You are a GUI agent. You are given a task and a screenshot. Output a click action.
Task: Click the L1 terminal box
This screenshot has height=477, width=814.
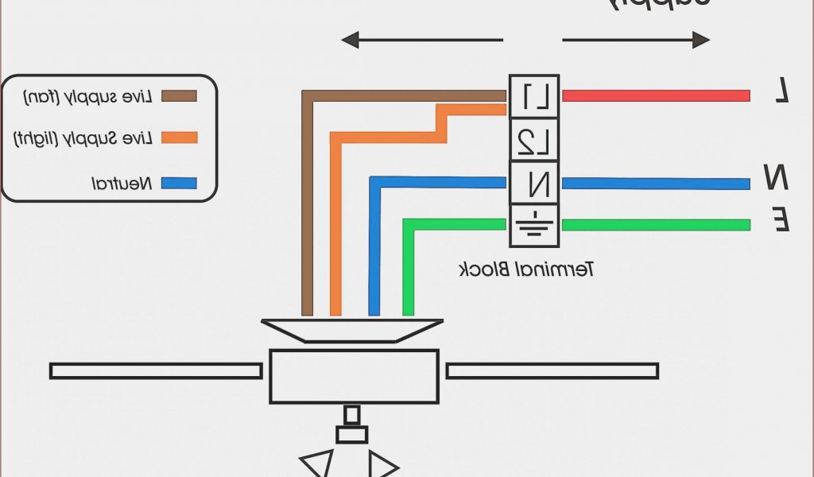pyautogui.click(x=534, y=97)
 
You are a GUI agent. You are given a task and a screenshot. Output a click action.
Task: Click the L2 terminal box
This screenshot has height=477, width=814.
pyautogui.click(x=534, y=141)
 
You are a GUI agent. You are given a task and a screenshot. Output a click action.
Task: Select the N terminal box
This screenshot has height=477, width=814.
pyautogui.click(x=534, y=183)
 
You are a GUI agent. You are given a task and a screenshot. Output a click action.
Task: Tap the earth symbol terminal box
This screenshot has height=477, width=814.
pyautogui.click(x=534, y=225)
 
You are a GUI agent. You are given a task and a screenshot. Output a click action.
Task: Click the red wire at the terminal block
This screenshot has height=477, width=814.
pyautogui.click(x=656, y=96)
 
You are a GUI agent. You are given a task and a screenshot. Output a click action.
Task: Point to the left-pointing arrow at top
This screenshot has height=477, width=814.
pyautogui.click(x=422, y=40)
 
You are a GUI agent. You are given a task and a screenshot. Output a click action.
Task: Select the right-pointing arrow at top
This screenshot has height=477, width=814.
pyautogui.click(x=636, y=40)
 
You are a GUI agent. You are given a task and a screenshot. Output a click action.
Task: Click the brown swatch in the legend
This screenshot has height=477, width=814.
pyautogui.click(x=179, y=96)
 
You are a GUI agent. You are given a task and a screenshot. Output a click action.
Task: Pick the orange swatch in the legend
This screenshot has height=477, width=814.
pyautogui.click(x=179, y=138)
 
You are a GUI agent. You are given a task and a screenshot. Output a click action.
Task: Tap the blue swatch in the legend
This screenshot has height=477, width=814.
pyautogui.click(x=179, y=184)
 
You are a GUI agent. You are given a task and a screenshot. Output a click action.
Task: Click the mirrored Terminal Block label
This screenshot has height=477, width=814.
pyautogui.click(x=527, y=270)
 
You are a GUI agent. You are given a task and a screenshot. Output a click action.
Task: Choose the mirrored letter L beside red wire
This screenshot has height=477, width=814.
pyautogui.click(x=782, y=94)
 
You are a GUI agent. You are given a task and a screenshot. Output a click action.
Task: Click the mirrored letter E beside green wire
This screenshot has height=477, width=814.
pyautogui.click(x=781, y=219)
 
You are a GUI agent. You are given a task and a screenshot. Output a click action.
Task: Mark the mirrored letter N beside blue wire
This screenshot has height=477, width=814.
pyautogui.click(x=777, y=177)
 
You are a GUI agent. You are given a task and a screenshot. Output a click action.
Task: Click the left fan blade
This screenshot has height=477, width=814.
pyautogui.click(x=156, y=370)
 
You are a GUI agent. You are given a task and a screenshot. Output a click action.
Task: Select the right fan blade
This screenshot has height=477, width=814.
pyautogui.click(x=552, y=370)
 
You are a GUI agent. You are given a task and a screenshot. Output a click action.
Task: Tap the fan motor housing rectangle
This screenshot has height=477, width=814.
pyautogui.click(x=354, y=376)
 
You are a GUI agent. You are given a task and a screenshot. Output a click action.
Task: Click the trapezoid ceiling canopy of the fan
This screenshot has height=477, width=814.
pyautogui.click(x=353, y=330)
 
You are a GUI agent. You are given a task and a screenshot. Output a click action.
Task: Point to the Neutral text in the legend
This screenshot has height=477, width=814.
pyautogui.click(x=122, y=184)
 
